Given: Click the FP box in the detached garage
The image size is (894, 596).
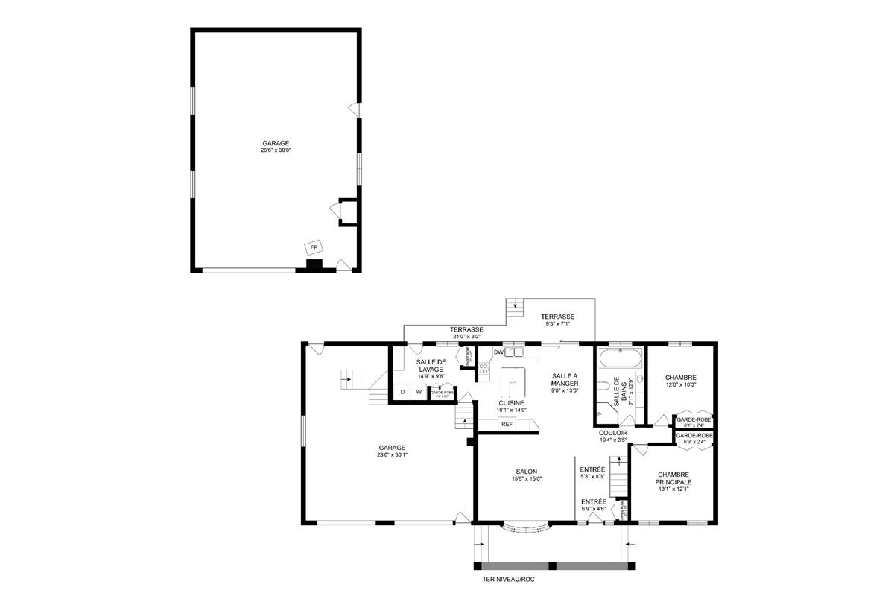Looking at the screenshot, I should point(314,247).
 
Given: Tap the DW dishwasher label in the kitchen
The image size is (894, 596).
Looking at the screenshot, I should point(498,352).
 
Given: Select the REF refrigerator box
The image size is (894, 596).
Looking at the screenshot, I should point(507,424).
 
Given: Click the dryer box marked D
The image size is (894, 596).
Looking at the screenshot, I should point(402,392).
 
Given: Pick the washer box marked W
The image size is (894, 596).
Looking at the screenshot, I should point(419,392).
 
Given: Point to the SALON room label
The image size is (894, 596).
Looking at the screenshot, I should point(526,471).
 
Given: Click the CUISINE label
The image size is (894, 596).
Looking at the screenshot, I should point(512,402).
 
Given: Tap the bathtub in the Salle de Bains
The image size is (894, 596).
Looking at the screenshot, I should point(621,359).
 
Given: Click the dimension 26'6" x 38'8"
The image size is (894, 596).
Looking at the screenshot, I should point(275,150).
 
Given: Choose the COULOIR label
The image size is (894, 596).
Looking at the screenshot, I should point(613,432).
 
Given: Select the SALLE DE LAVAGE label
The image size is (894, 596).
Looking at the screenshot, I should point(431,365).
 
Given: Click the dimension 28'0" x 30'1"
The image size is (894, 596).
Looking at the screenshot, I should point(391,455).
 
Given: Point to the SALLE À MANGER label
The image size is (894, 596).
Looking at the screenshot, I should point(565,379).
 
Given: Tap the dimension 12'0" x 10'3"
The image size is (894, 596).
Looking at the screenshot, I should point(680,385).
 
